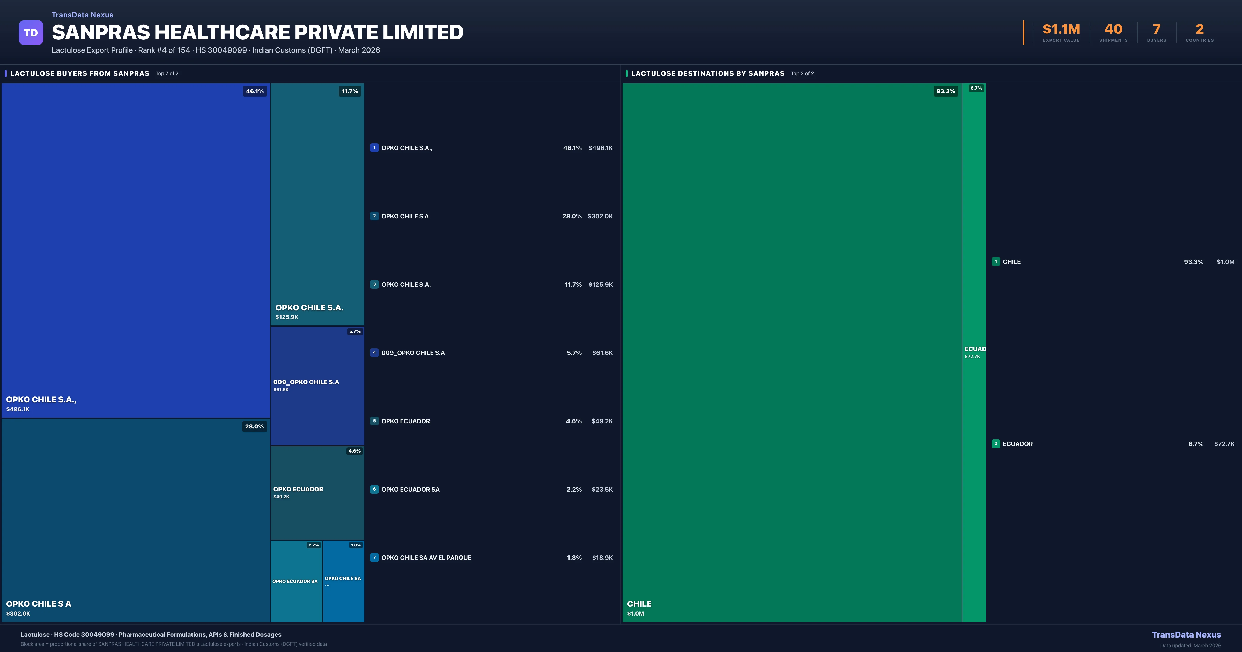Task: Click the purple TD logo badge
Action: click(31, 33)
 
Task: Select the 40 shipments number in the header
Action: click(1113, 29)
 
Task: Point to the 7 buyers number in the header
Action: click(1156, 29)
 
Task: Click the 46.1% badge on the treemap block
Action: click(255, 91)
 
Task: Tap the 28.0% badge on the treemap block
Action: click(254, 426)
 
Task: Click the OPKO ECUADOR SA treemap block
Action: click(296, 581)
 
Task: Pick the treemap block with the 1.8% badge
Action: click(343, 581)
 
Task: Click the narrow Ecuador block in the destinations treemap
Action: click(973, 352)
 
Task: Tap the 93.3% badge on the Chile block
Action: click(945, 91)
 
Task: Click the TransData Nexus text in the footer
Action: click(1186, 635)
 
